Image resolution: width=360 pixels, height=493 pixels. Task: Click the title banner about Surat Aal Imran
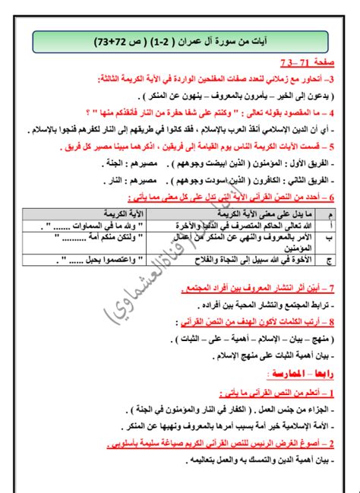(179, 40)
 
